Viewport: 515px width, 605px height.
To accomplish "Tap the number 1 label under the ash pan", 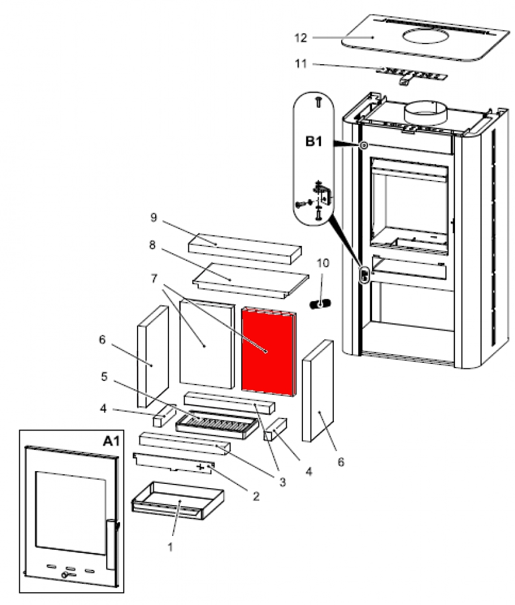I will click(x=170, y=546).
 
